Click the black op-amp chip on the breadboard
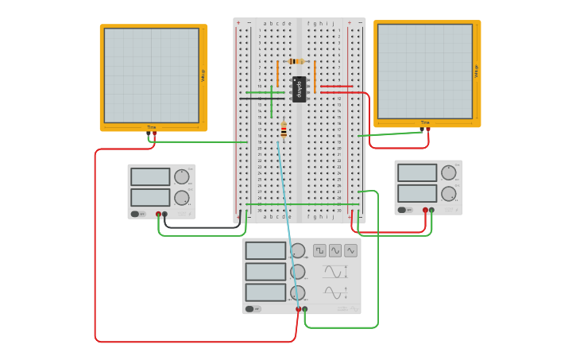click(300, 89)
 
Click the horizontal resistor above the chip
click(296, 61)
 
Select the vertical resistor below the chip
click(284, 130)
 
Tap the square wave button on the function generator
click(319, 250)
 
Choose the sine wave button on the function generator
click(335, 250)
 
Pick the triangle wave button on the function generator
click(350, 250)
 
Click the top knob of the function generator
click(298, 251)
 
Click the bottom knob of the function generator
click(298, 292)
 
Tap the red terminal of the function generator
click(299, 309)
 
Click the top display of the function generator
click(265, 251)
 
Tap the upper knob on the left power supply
click(182, 176)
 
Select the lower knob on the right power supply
click(449, 193)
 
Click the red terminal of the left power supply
click(158, 214)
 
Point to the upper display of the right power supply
click(417, 172)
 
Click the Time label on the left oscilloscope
click(151, 127)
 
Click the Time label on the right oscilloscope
click(425, 123)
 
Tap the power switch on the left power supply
click(136, 214)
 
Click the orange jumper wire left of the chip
click(277, 74)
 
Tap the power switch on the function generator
click(251, 309)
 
